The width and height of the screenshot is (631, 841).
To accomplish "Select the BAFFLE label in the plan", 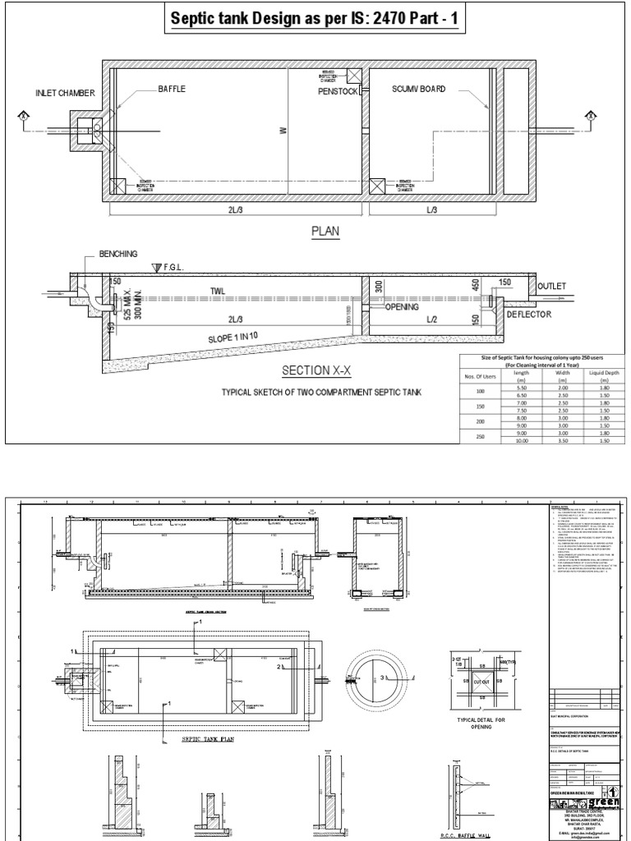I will click(x=173, y=88).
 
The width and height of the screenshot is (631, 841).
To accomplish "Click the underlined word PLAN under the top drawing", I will click(x=324, y=232).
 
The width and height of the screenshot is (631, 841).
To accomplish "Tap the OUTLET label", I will click(x=551, y=286).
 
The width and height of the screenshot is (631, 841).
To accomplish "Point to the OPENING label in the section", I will click(x=402, y=306).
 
